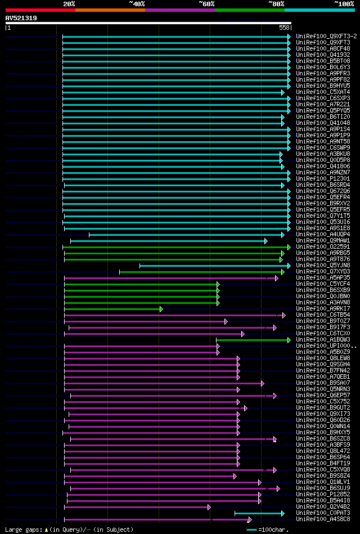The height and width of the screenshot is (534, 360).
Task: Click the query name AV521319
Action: click(x=21, y=18)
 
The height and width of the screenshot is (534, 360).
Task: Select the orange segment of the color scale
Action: click(x=110, y=10)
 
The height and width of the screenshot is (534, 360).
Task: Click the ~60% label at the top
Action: click(x=206, y=3)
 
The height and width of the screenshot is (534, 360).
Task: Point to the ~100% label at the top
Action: click(x=344, y=3)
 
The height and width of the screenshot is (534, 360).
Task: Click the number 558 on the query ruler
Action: click(x=284, y=28)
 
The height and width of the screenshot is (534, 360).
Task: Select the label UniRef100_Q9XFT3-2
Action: click(x=326, y=36)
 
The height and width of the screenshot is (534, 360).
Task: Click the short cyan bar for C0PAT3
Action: click(x=259, y=513)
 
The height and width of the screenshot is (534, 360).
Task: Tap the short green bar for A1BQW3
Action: click(x=253, y=340)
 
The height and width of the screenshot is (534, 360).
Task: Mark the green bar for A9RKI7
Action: click(x=112, y=309)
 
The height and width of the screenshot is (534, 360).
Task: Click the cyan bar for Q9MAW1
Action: click(x=169, y=241)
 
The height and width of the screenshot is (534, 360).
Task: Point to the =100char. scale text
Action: click(x=273, y=529)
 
